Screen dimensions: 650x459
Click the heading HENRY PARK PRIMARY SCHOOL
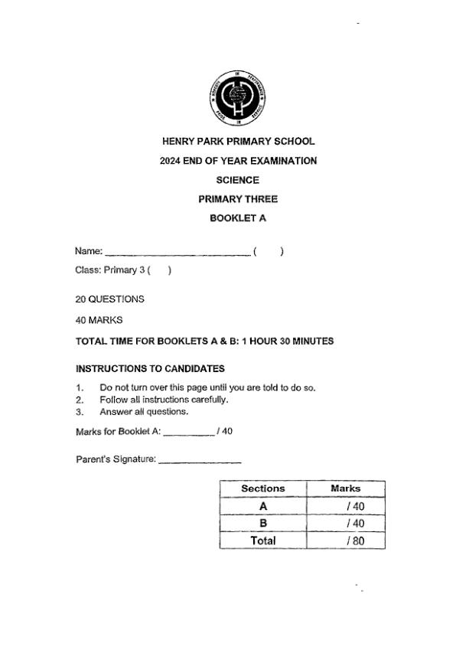[x=238, y=142]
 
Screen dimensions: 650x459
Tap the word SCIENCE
[x=238, y=180]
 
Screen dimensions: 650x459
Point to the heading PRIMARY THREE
[x=238, y=199]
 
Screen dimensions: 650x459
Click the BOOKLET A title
[x=238, y=218]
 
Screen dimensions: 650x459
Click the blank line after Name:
[x=177, y=253]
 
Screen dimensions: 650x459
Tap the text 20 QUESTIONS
[x=110, y=299]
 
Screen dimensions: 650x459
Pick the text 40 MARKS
[x=99, y=320]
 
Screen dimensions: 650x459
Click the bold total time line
[x=204, y=341]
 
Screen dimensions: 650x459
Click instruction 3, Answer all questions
[x=144, y=411]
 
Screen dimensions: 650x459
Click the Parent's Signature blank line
[x=199, y=462]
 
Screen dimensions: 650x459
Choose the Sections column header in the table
[x=262, y=488]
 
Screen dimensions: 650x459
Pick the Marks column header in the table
[x=345, y=488]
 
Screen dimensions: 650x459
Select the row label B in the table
[x=262, y=523]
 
